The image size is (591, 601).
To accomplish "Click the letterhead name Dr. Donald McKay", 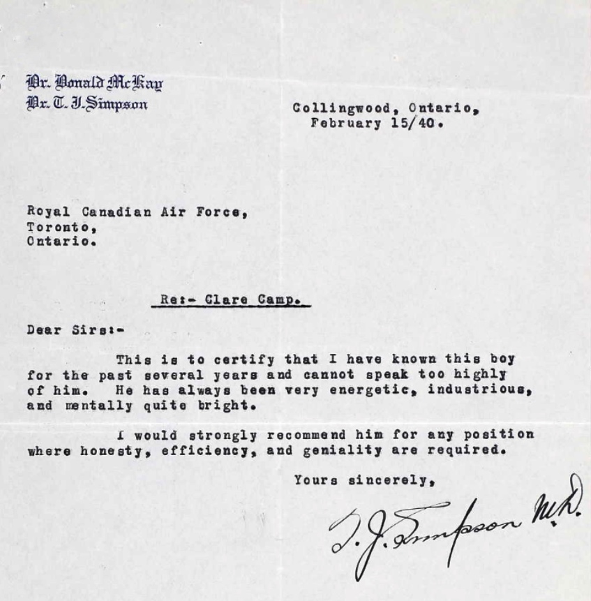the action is (x=94, y=84).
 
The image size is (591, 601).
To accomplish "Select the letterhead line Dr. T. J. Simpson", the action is (x=87, y=104).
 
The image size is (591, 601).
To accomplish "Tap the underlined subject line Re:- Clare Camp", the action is (x=231, y=302).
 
